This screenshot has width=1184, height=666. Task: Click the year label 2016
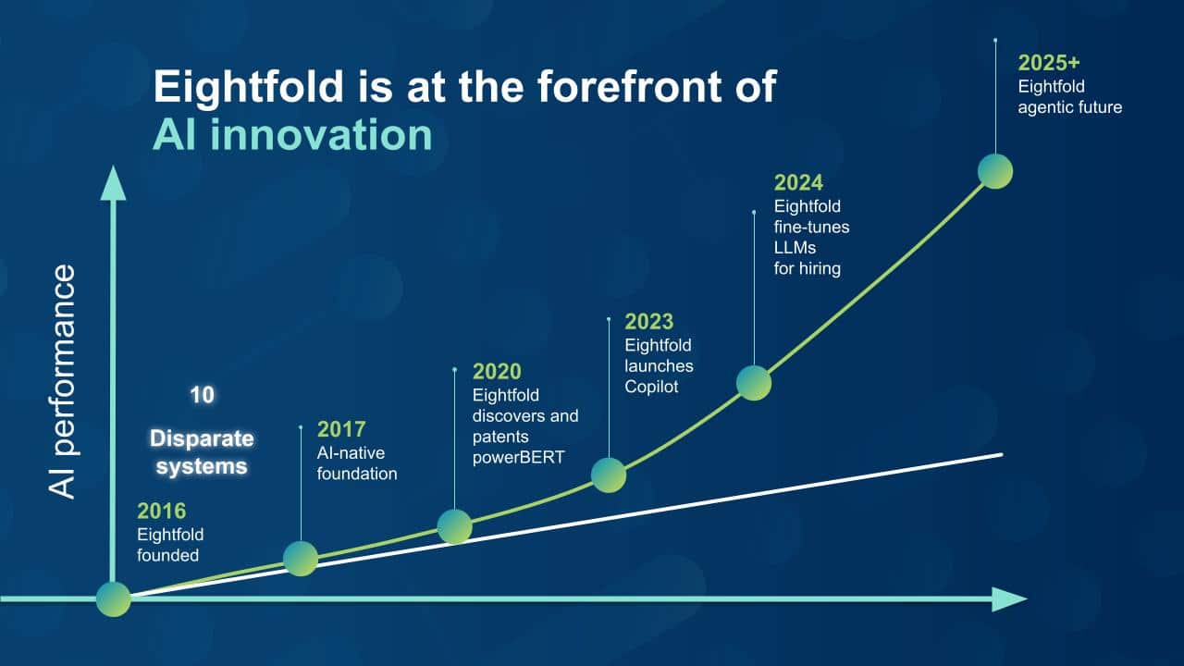(161, 512)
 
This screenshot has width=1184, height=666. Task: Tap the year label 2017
(341, 429)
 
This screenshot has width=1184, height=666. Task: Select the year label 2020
(497, 372)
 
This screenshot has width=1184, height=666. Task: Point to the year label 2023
(649, 321)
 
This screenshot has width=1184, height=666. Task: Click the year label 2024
(798, 182)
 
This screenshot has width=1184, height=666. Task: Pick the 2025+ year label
(1049, 63)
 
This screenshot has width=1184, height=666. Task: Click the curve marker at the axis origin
(114, 598)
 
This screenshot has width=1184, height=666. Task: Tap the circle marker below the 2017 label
(301, 559)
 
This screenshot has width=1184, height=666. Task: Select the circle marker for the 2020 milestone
(454, 526)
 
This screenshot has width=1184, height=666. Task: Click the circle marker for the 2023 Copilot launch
(609, 475)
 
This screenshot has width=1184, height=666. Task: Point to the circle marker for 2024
(754, 383)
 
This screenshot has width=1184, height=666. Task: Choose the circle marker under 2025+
(995, 171)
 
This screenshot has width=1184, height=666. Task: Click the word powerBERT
(519, 457)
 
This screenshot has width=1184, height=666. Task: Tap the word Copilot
(651, 387)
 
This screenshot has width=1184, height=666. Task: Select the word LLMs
(795, 247)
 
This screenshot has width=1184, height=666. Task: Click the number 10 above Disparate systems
(202, 395)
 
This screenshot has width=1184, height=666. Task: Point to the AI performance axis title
(62, 382)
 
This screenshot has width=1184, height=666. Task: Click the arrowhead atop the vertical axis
(113, 183)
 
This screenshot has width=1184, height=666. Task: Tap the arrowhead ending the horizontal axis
(1009, 599)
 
